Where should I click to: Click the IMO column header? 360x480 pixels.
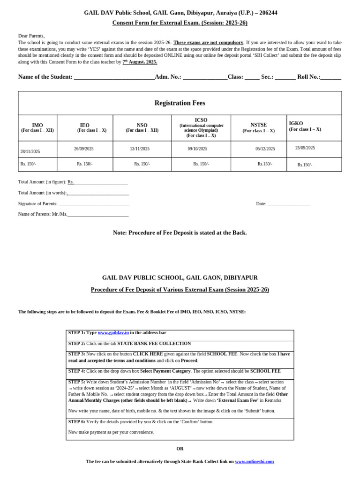pyautogui.click(x=37, y=125)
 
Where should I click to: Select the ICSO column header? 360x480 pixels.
pyautogui.click(x=201, y=120)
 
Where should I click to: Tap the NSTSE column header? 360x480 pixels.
pyautogui.click(x=258, y=125)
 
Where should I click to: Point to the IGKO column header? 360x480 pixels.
pyautogui.click(x=296, y=123)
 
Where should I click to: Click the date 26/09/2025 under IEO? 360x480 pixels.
pyautogui.click(x=83, y=149)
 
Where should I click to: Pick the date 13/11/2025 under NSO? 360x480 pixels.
pyautogui.click(x=140, y=149)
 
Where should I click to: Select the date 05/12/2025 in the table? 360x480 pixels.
pyautogui.click(x=265, y=149)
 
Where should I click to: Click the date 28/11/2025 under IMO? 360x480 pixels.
pyautogui.click(x=30, y=151)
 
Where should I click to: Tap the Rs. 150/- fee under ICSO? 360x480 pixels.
pyautogui.click(x=201, y=164)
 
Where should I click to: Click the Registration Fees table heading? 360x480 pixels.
pyautogui.click(x=180, y=103)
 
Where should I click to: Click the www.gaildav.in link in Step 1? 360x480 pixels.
pyautogui.click(x=113, y=333)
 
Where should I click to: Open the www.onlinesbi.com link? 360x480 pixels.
pyautogui.click(x=254, y=462)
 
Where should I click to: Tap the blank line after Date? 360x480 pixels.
pyautogui.click(x=288, y=204)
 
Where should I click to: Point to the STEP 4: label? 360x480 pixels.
pyautogui.click(x=76, y=371)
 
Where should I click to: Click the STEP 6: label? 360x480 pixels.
pyautogui.click(x=76, y=422)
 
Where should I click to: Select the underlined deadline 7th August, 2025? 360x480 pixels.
pyautogui.click(x=140, y=62)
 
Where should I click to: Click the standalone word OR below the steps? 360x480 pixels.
pyautogui.click(x=180, y=449)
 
